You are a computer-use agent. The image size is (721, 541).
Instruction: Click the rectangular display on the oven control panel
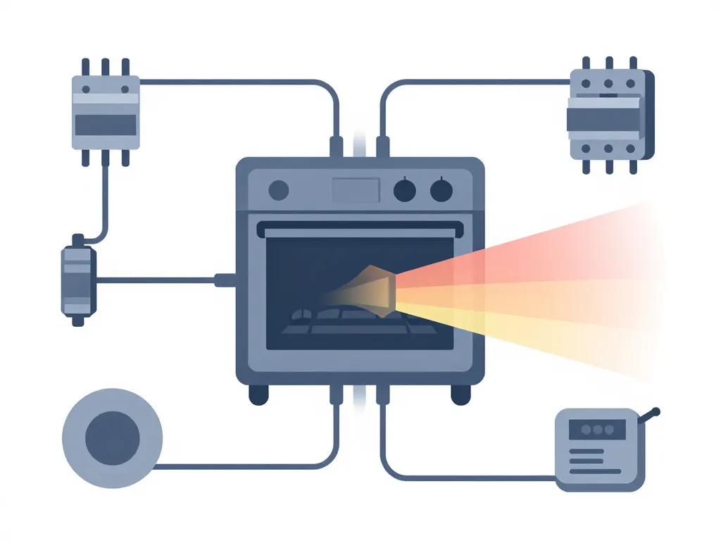coord(356,189)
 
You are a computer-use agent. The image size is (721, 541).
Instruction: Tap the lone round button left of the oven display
coord(280,189)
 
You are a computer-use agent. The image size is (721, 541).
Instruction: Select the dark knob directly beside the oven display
coord(404,189)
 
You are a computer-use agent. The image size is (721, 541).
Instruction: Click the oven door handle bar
coord(360,228)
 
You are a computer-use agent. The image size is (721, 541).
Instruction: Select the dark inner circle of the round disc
coord(112,437)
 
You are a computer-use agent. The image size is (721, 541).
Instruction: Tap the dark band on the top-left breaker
coord(106,125)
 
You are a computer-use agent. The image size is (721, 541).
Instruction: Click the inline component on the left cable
coord(77,280)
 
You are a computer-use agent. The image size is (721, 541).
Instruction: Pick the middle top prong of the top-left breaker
coord(106,68)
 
